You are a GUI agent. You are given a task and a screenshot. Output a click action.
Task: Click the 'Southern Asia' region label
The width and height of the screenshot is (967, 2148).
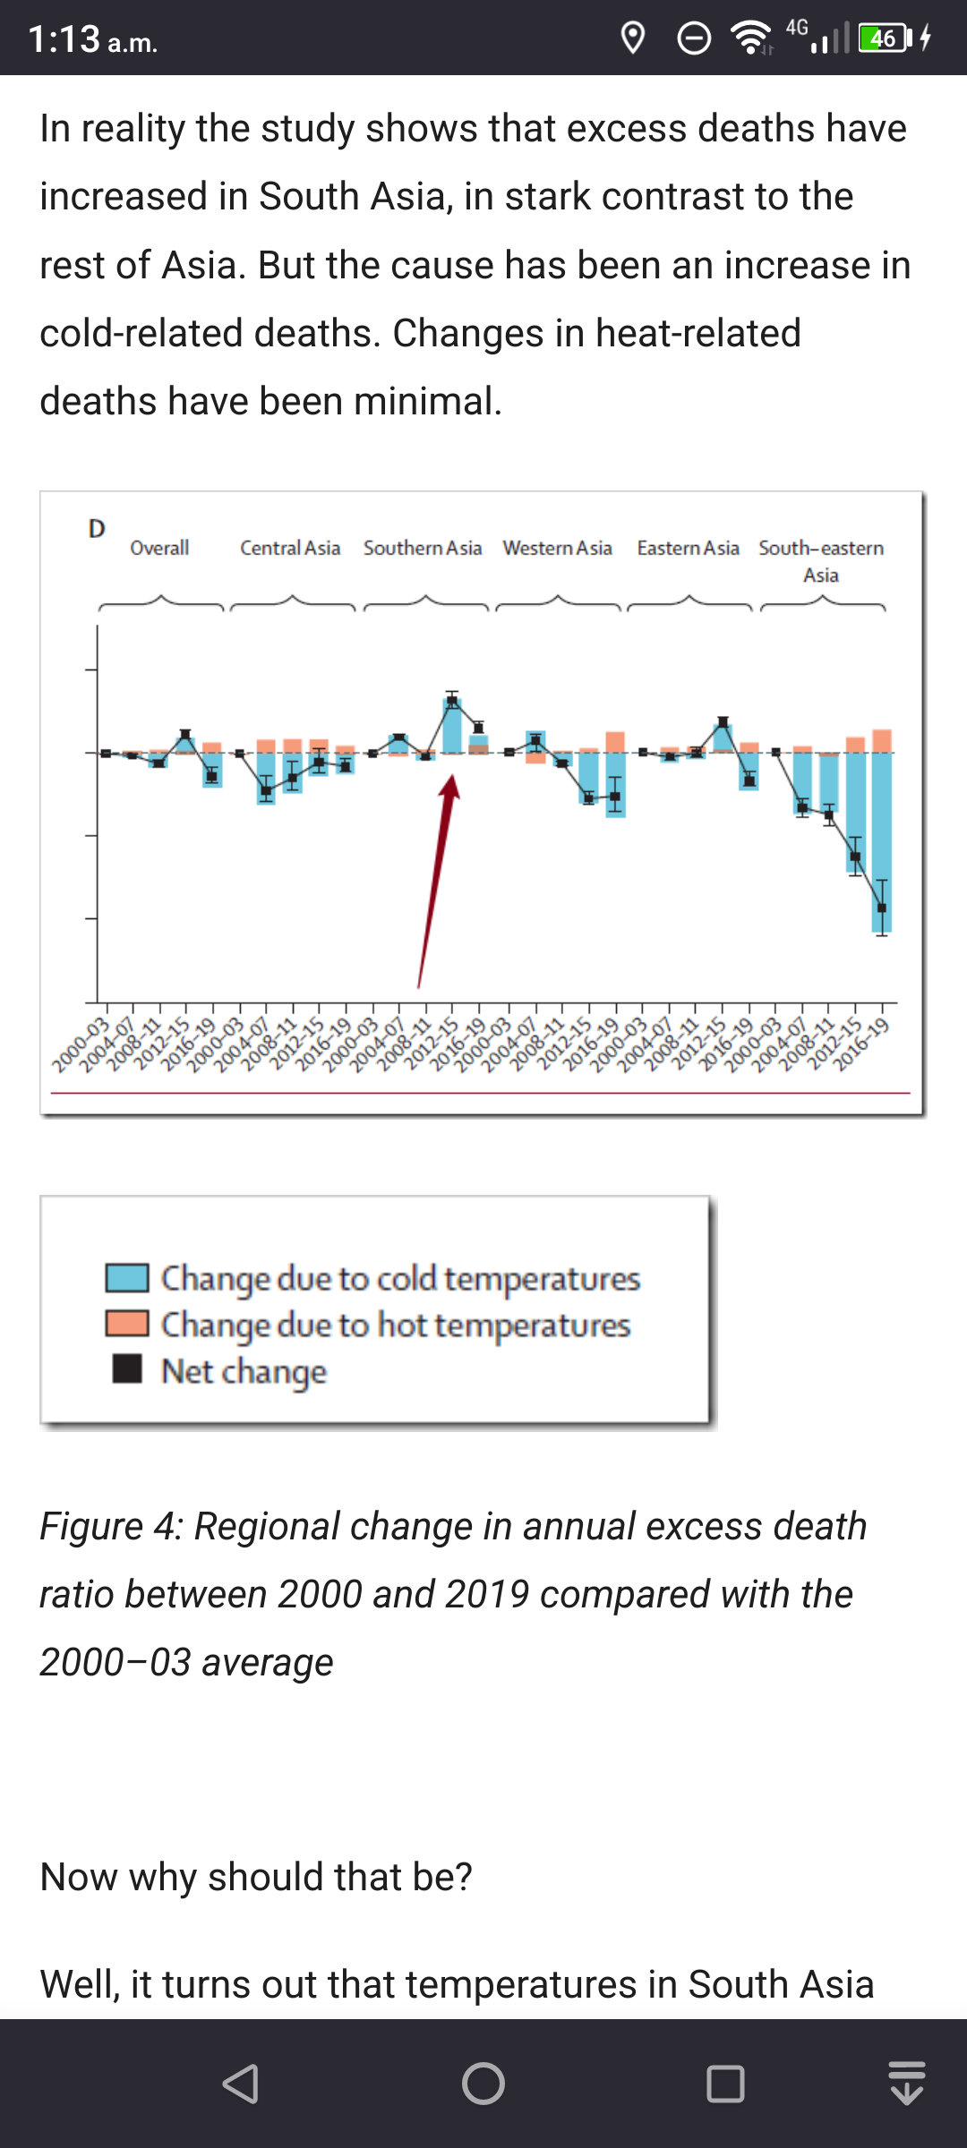(423, 548)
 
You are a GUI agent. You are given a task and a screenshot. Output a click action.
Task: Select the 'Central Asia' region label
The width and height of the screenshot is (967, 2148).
(290, 548)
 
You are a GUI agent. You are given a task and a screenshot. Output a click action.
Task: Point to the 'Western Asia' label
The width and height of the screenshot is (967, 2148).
(557, 548)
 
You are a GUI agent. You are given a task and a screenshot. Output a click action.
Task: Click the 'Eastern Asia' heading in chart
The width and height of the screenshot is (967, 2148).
(688, 548)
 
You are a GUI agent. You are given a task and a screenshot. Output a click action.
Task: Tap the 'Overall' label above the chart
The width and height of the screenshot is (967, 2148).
(159, 548)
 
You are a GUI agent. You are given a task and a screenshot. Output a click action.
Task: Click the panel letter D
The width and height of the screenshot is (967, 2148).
(97, 529)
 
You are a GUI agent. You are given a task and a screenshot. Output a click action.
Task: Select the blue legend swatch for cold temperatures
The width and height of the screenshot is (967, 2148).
(127, 1278)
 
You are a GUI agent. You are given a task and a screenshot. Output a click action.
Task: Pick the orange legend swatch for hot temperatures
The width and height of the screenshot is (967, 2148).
(127, 1324)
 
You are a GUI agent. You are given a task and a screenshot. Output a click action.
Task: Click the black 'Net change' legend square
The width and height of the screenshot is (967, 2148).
(127, 1368)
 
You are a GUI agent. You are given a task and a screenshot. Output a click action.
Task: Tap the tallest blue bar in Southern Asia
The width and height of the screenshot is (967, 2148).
(452, 725)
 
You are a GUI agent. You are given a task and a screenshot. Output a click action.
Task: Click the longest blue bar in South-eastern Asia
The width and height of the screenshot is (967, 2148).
(882, 841)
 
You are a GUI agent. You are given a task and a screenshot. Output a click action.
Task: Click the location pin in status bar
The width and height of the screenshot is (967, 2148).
(633, 38)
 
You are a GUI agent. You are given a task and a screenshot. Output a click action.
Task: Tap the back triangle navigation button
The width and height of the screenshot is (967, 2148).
(241, 2084)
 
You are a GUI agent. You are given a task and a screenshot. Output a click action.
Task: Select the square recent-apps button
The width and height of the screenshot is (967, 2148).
(725, 2084)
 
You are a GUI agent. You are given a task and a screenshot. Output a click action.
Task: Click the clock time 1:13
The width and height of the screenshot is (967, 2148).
(64, 39)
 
